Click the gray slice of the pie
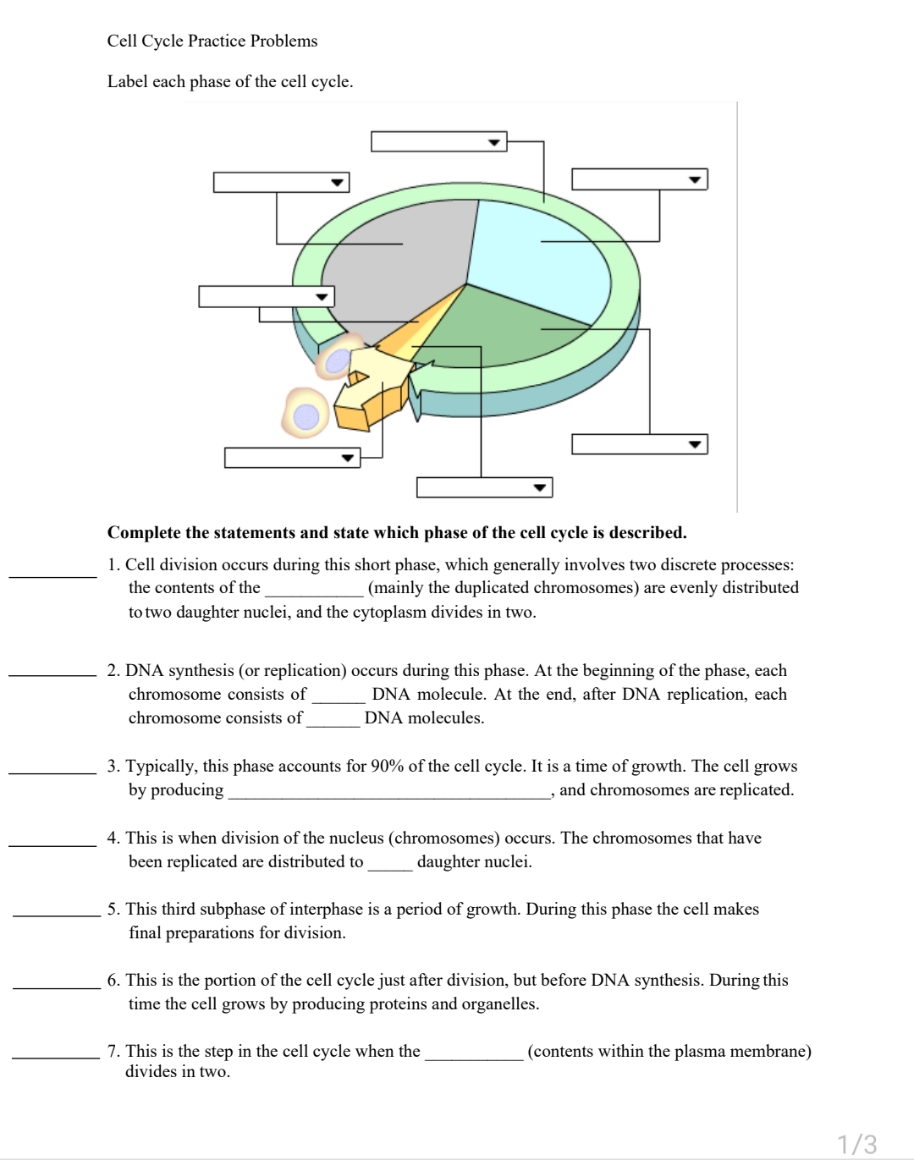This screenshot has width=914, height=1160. pos(398,254)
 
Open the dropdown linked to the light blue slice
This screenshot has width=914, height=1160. pos(639,179)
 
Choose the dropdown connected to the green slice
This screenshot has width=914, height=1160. pos(639,444)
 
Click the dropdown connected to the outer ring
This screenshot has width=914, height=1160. pos(438,141)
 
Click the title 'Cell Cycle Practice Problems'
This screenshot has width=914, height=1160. pos(212,41)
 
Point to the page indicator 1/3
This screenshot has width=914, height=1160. pos(857,1143)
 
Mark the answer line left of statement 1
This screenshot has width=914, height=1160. pos(52,575)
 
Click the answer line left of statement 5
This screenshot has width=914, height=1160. pos(56,915)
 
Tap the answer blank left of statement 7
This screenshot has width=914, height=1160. pos(56,1057)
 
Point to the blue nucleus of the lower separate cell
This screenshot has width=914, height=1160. pos(306,415)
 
